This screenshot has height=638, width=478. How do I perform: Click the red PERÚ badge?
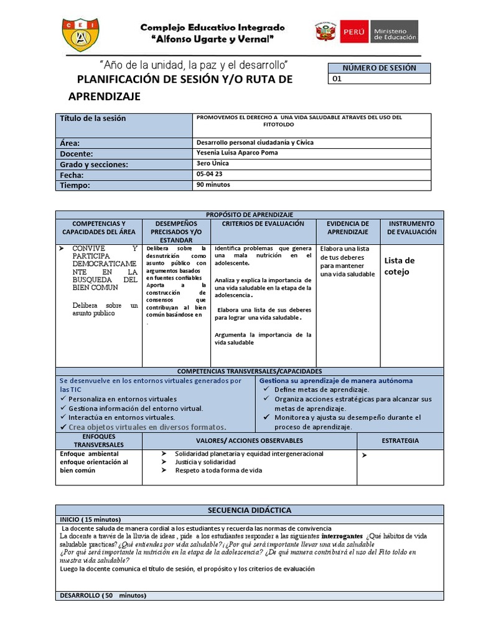coord(353,31)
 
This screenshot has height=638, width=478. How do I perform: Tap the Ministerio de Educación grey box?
coord(395,31)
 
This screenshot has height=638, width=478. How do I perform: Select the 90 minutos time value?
coord(213,185)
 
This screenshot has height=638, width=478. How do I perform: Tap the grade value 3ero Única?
coord(212,163)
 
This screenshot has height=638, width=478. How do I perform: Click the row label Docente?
coord(77,153)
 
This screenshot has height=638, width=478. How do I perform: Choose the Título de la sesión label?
coord(92,118)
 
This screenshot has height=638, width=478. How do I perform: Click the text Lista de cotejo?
coord(399,266)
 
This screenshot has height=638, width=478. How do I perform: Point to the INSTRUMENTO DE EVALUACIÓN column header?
coord(411,227)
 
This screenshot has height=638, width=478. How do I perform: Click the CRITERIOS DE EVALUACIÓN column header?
coord(263,224)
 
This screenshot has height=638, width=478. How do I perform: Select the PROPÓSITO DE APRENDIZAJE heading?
coord(249,214)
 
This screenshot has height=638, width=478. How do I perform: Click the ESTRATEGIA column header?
coord(400,440)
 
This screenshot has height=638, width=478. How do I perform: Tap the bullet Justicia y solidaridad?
coord(205,463)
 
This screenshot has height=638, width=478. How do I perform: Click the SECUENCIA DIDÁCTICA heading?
coord(250,510)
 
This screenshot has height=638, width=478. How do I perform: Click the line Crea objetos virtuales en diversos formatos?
coord(147,427)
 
